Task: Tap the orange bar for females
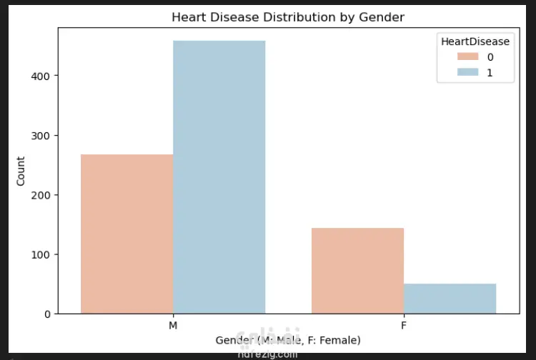tap(357, 271)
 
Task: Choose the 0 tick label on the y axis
tap(47, 314)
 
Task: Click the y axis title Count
tap(21, 171)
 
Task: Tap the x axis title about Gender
tap(288, 340)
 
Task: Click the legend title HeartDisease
tap(475, 41)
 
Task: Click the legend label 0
tap(490, 57)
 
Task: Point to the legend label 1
tap(490, 72)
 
